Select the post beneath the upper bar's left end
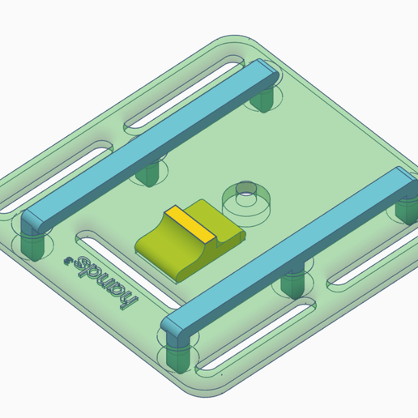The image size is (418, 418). click(31, 244)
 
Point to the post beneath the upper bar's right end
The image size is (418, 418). click(263, 100)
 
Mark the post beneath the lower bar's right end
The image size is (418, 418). click(404, 210)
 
